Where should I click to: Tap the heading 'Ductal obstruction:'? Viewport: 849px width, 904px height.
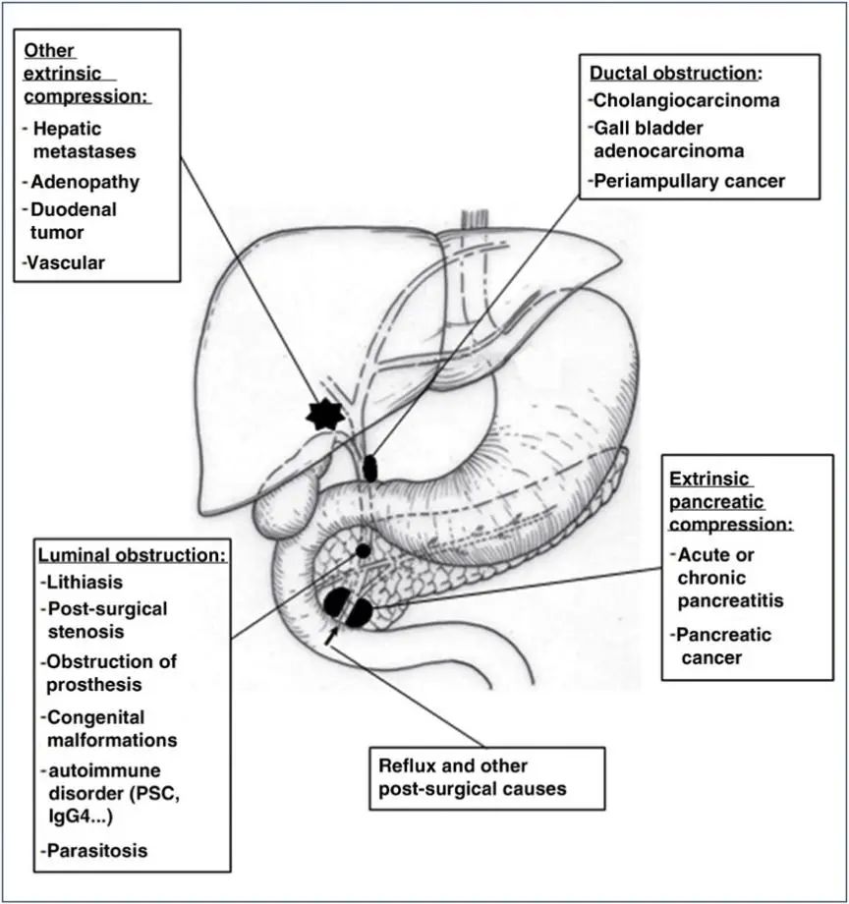(x=676, y=74)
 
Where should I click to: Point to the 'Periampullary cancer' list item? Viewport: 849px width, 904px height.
(x=690, y=181)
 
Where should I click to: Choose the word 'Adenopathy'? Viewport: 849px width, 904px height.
(x=85, y=182)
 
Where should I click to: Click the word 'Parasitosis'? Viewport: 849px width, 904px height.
(x=96, y=850)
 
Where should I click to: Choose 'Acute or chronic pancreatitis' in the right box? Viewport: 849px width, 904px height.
(x=730, y=577)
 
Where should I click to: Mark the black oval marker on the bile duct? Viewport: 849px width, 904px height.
(x=370, y=468)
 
